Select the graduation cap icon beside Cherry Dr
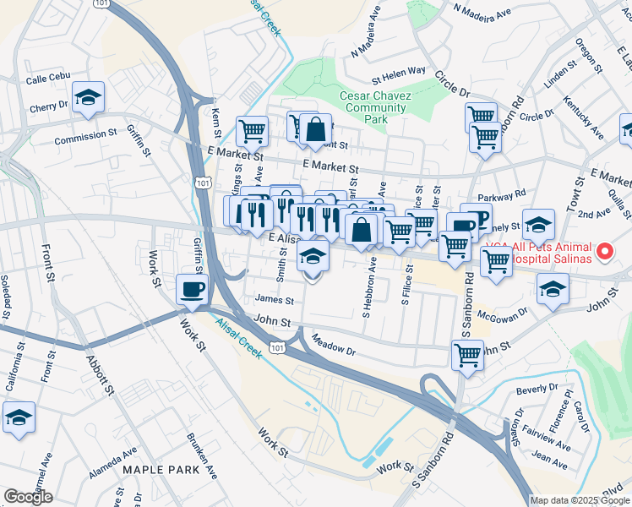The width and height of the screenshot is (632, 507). [x=87, y=98]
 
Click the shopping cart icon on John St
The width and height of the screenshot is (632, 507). [x=467, y=355]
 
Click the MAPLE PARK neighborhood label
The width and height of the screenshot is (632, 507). [x=161, y=469]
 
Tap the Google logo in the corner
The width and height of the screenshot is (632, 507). [x=28, y=497]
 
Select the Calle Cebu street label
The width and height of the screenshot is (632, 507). [x=46, y=80]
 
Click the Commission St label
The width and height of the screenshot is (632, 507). [x=86, y=134]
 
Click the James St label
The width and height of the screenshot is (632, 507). [x=275, y=300]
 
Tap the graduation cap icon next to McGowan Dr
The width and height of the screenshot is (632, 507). [x=553, y=290]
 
